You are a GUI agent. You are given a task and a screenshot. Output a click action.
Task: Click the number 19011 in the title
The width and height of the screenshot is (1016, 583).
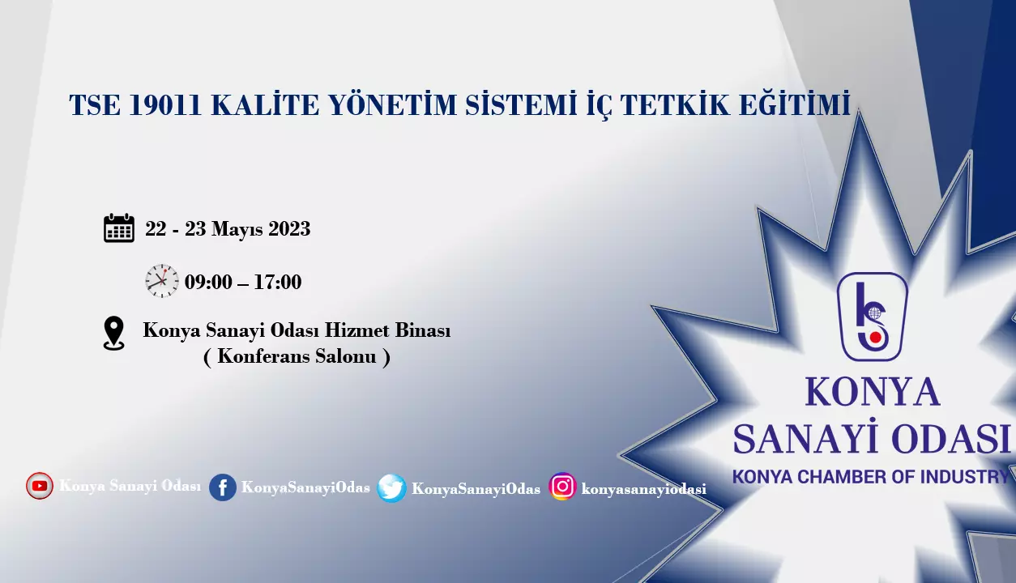tap(164, 104)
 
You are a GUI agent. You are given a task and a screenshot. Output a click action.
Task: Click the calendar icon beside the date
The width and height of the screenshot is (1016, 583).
tap(119, 228)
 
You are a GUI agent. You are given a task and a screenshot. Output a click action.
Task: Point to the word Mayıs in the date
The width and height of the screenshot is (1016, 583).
tap(237, 229)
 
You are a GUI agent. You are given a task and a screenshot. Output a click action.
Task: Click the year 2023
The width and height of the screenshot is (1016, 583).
tap(289, 228)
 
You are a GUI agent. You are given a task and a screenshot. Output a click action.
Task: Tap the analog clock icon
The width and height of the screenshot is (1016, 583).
tap(162, 281)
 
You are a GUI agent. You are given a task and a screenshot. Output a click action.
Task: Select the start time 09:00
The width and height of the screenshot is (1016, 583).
tap(208, 282)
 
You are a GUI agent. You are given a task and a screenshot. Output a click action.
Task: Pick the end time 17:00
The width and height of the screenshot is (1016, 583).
tap(278, 282)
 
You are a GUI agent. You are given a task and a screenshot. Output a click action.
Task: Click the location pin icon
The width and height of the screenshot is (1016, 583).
tap(114, 334)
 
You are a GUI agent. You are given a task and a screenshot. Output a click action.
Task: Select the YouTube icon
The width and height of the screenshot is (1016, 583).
tap(40, 486)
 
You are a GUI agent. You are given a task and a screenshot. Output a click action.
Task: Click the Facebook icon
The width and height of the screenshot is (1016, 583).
tap(223, 487)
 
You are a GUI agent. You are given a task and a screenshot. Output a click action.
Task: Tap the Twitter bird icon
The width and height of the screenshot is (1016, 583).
tap(391, 488)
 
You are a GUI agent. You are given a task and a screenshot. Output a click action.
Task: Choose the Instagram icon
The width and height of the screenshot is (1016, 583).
tap(562, 487)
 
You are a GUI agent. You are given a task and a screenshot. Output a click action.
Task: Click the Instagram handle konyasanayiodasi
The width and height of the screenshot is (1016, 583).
tap(643, 489)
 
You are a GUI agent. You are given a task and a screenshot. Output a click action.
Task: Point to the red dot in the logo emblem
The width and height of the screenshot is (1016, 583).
tap(875, 338)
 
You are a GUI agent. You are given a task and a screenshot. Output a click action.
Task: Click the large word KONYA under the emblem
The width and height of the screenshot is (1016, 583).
tap(873, 392)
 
